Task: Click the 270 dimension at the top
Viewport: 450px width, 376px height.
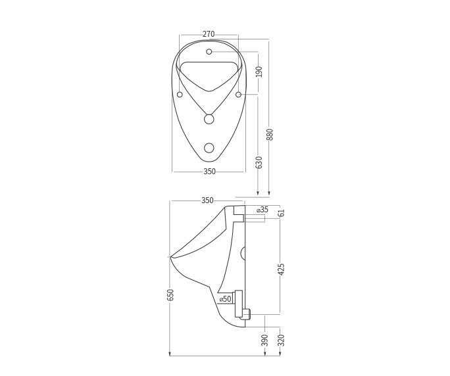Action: [x=209, y=34]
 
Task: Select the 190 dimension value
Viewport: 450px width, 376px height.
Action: [x=259, y=71]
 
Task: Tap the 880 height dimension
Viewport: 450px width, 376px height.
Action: [x=269, y=135]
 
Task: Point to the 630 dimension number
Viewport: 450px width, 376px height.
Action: [x=259, y=162]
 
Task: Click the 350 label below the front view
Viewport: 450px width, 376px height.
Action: [x=209, y=172]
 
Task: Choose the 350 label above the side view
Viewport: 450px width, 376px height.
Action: [x=207, y=200]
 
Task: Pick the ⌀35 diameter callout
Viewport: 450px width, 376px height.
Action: [x=262, y=210]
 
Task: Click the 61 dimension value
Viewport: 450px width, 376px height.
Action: [x=282, y=213]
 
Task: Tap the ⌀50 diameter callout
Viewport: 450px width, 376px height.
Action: [x=225, y=298]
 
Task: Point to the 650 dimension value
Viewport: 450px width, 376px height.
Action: [x=170, y=295]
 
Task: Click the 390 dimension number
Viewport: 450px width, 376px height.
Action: [x=264, y=340]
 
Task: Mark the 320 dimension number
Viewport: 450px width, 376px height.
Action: [x=282, y=340]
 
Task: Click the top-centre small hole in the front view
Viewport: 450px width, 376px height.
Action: [x=209, y=51]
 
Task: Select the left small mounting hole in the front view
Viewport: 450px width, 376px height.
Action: [x=180, y=95]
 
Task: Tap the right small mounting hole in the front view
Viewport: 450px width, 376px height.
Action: [x=239, y=95]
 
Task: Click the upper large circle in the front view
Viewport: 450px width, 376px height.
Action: [x=209, y=119]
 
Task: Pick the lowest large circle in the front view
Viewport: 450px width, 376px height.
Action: [x=209, y=147]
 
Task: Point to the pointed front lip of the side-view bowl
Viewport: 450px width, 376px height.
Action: [x=172, y=256]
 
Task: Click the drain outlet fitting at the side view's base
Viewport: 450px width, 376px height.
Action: [x=245, y=314]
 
